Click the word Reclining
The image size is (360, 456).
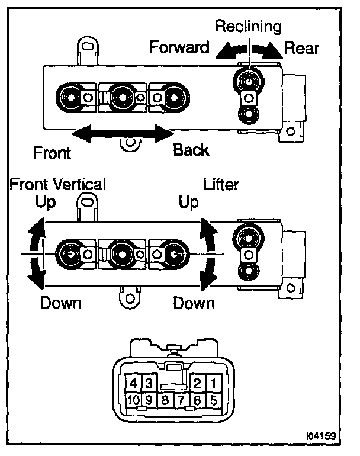pos(248,27)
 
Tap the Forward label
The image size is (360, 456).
pos(180,47)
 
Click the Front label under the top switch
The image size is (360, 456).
pos(52,153)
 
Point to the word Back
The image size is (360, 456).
pos(191,150)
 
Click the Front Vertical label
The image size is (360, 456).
pos(57,184)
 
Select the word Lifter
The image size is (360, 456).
pos(221,184)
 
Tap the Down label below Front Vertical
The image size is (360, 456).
pos(61,303)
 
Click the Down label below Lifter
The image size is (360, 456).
pos(194,303)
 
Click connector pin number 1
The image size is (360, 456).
pos(212,383)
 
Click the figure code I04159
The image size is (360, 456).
pos(320,437)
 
